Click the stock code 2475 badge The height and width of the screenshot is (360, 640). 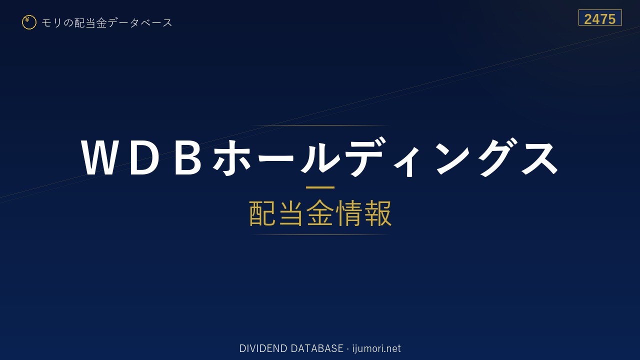[x=600, y=17]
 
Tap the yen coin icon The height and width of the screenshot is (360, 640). [x=29, y=22]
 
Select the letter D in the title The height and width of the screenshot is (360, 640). [x=144, y=157]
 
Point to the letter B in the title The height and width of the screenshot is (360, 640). [x=187, y=157]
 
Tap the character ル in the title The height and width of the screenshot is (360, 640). [x=320, y=157]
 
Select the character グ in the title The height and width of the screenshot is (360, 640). [x=499, y=157]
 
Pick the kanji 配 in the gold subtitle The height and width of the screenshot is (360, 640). [x=262, y=213]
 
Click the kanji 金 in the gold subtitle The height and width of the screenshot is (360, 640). [x=320, y=213]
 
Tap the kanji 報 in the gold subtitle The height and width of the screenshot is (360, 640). [x=377, y=213]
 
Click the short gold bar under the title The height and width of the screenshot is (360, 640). [x=320, y=187]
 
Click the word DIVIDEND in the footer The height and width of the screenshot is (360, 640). [x=263, y=348]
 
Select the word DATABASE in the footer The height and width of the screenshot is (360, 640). [x=317, y=348]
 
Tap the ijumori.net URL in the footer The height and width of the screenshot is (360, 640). [x=376, y=348]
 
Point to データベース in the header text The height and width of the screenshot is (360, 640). [x=140, y=22]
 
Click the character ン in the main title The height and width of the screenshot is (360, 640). [x=453, y=157]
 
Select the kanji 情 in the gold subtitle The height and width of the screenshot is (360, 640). [x=348, y=213]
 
